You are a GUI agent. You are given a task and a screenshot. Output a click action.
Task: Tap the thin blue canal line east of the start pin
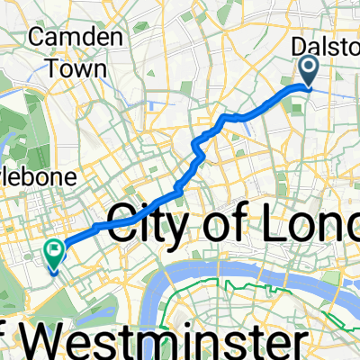[342, 90]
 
